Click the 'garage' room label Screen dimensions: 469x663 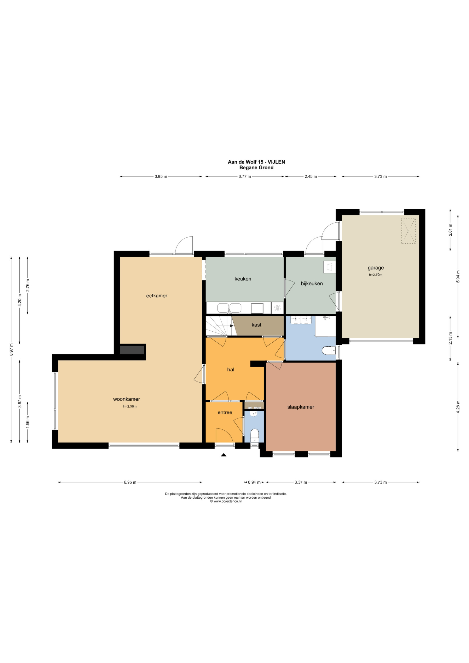pyautogui.click(x=375, y=268)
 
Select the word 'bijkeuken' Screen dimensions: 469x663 pyautogui.click(x=312, y=284)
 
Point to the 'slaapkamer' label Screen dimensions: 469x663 pyautogui.click(x=301, y=407)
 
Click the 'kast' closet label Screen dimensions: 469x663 pyautogui.click(x=257, y=325)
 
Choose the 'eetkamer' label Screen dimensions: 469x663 pyautogui.click(x=156, y=296)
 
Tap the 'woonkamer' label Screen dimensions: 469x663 pyautogui.click(x=126, y=399)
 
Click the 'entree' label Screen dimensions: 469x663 pyautogui.click(x=225, y=413)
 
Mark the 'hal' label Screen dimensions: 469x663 pyautogui.click(x=231, y=370)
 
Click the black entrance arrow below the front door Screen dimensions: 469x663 pyautogui.click(x=223, y=455)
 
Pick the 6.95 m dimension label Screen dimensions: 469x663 pyautogui.click(x=130, y=482)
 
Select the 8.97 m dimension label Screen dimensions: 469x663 pyautogui.click(x=11, y=349)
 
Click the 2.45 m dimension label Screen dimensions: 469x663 pyautogui.click(x=311, y=176)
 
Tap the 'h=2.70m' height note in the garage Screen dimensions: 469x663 pyautogui.click(x=375, y=275)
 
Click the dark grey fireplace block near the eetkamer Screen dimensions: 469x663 pyautogui.click(x=132, y=350)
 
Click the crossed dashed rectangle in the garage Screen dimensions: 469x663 pyautogui.click(x=408, y=231)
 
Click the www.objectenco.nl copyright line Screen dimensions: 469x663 pyautogui.click(x=226, y=502)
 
